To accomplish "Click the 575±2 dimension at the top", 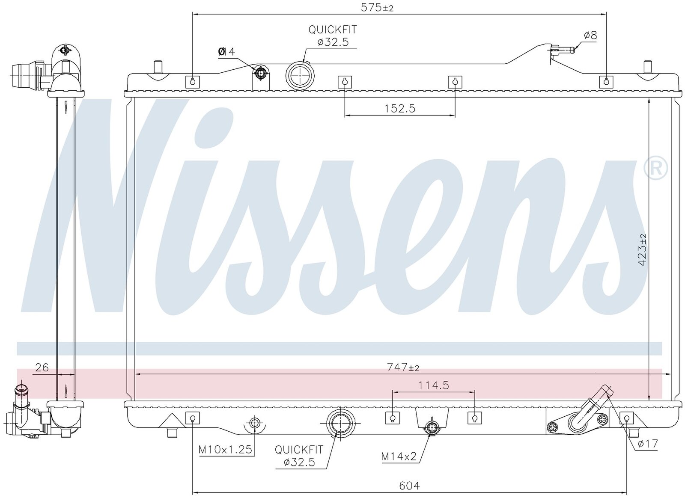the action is (377, 8).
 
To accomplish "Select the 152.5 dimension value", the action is (400, 109).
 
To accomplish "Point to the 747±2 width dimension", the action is (403, 367).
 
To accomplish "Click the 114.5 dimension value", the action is (434, 385).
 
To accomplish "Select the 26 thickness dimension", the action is (42, 368).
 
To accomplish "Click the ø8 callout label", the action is (590, 36).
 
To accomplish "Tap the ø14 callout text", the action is (226, 52).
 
